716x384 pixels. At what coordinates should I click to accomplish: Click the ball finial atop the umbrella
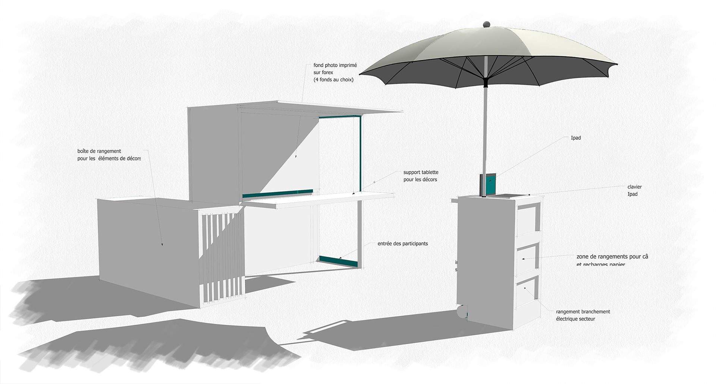pos(486,25)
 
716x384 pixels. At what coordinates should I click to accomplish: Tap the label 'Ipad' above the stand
pos(576,138)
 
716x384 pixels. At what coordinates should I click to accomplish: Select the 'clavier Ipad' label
pos(634,190)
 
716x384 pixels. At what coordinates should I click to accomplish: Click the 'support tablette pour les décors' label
pos(421,176)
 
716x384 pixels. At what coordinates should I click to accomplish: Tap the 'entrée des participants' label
pos(402,244)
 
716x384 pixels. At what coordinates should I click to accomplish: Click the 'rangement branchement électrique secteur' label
pos(582,315)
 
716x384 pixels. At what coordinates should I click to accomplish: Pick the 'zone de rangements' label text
pos(612,257)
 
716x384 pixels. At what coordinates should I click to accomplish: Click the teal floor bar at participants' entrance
pos(339,261)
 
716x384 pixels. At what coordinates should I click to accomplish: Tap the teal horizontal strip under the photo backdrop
pos(277,194)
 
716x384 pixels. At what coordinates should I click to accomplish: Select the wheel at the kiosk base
pos(462,311)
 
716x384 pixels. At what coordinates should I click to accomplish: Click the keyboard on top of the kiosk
pos(509,196)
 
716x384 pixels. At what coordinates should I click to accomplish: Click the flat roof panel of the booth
pos(321,108)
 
